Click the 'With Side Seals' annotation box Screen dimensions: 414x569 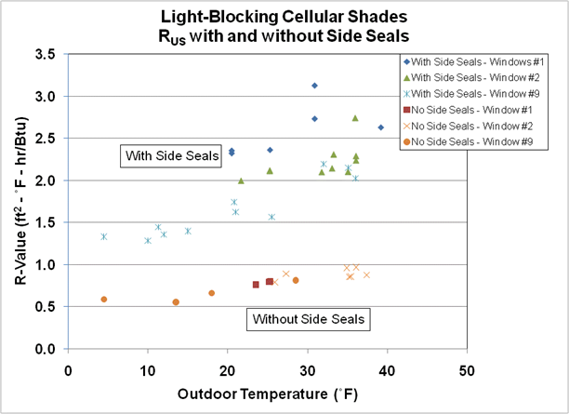click(163, 155)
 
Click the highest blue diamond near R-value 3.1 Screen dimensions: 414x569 click(314, 86)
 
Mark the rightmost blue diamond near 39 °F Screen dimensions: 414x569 click(380, 127)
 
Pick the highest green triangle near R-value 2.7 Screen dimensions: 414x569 click(355, 118)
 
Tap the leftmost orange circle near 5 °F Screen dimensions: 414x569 click(104, 300)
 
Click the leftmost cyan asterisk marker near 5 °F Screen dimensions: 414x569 click(104, 236)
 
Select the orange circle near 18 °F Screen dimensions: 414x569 click(212, 293)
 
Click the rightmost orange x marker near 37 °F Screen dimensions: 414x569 click(366, 275)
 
